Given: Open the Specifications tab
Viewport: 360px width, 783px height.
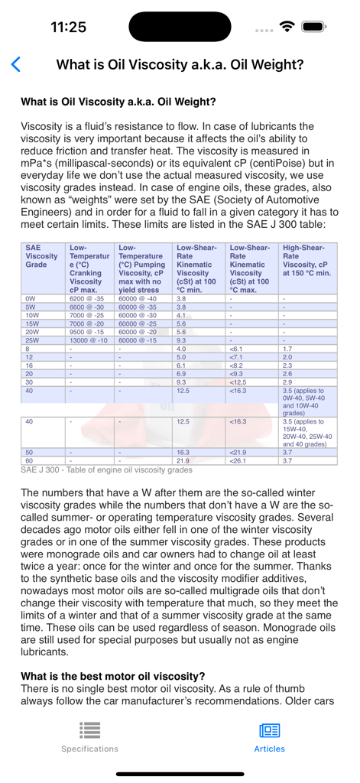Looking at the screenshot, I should [x=89, y=736].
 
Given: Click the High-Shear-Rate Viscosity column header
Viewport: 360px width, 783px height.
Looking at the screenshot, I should [x=307, y=262].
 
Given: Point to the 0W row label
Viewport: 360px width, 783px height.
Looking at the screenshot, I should [x=31, y=299].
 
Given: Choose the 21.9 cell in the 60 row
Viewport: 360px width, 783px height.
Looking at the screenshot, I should [x=183, y=460].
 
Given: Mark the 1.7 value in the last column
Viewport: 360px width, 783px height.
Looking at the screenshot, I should [x=287, y=349].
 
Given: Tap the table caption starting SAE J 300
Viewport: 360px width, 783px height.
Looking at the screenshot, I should [x=106, y=469].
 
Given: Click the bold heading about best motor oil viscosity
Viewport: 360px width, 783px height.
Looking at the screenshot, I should [x=112, y=676].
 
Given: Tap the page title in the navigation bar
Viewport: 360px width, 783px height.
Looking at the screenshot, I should [x=180, y=65].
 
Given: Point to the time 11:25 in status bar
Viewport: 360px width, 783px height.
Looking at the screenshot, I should [x=68, y=27].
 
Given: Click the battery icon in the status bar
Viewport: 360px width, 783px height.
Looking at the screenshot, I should [x=314, y=27].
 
